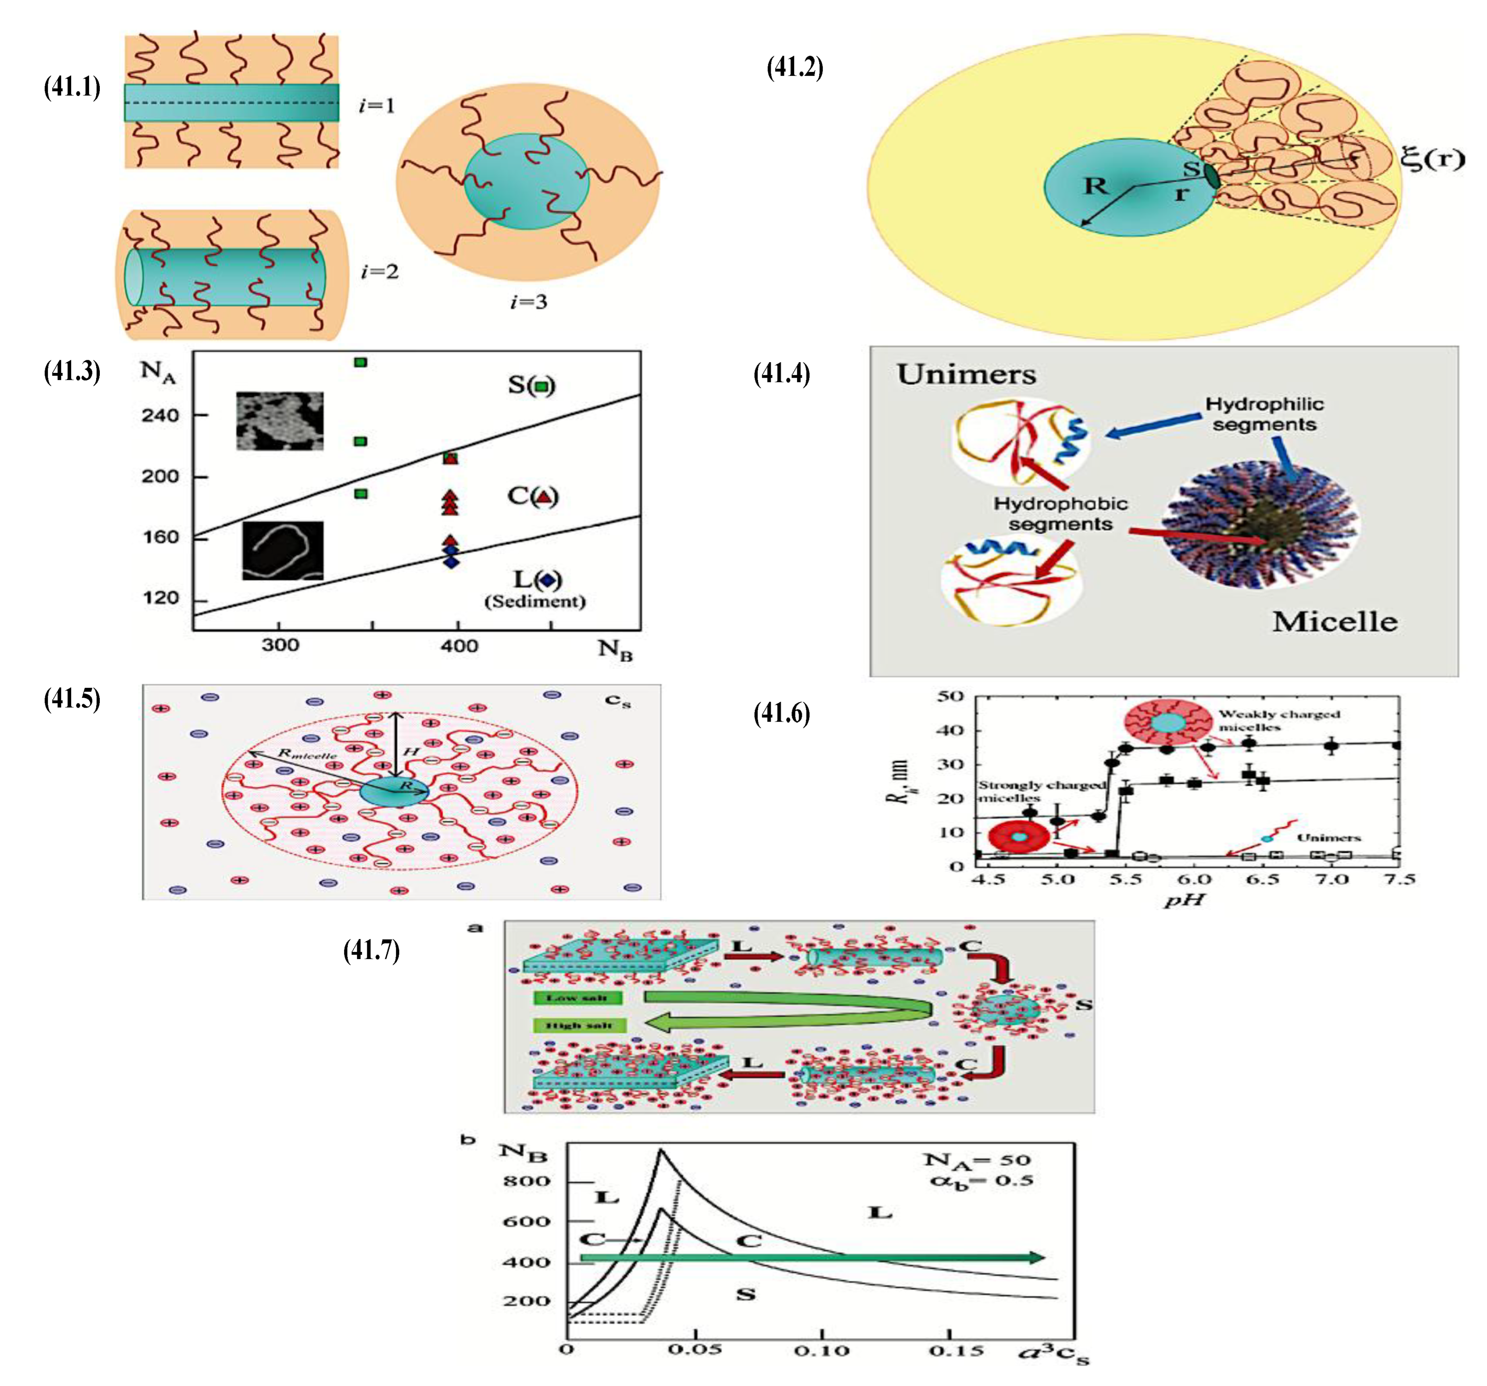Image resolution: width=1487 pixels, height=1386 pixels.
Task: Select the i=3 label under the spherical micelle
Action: (x=528, y=302)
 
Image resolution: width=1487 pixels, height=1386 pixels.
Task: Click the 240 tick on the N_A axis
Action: (x=160, y=415)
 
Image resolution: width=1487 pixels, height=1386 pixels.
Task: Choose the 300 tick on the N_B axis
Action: (x=280, y=645)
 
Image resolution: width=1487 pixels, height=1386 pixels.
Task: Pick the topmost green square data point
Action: (x=361, y=362)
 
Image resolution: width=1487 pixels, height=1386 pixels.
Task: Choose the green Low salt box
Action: (x=577, y=998)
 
